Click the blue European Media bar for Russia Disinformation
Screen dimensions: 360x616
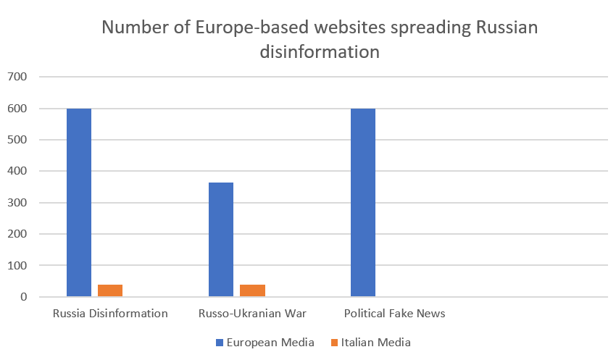[79, 202]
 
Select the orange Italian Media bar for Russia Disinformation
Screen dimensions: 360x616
[110, 290]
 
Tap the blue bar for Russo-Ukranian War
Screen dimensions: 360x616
[221, 239]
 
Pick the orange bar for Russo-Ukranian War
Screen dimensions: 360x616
[252, 290]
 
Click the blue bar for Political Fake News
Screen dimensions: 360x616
[363, 202]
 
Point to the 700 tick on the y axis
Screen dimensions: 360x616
[17, 77]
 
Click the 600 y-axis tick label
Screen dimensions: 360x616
[17, 109]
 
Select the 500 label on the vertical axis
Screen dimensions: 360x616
[17, 140]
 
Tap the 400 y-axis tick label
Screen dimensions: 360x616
[17, 172]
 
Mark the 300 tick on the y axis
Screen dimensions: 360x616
[17, 203]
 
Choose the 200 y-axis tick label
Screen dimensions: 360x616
[17, 234]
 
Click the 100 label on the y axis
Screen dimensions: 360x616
[17, 266]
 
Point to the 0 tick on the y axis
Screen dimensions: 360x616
[24, 297]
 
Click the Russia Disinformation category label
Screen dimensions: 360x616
[110, 314]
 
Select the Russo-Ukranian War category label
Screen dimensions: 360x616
[252, 314]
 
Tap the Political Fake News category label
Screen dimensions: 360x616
[394, 314]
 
